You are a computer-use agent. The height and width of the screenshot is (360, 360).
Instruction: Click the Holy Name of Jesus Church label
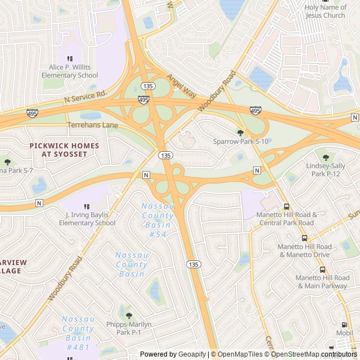tap(325, 11)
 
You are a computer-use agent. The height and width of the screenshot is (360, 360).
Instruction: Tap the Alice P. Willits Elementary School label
tap(70, 71)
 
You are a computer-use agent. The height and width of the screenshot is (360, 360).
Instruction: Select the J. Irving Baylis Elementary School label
tap(87, 219)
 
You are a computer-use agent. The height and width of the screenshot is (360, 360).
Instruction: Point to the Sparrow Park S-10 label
tap(241, 142)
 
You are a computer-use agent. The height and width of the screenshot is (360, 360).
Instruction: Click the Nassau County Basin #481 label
tap(78, 333)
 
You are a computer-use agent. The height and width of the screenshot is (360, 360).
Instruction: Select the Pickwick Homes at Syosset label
tap(64, 150)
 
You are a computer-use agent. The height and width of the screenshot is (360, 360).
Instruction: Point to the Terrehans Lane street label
tap(92, 125)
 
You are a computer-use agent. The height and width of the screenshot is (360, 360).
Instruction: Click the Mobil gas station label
tap(344, 333)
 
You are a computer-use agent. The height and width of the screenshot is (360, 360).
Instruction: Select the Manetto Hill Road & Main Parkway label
tap(322, 282)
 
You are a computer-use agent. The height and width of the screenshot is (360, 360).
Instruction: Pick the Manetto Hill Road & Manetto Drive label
tap(304, 251)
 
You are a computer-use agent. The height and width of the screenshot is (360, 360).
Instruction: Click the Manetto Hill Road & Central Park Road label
tap(287, 219)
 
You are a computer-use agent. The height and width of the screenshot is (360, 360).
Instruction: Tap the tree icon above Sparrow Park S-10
tap(241, 133)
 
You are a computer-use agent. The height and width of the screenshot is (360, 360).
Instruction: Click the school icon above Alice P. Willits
tap(70, 58)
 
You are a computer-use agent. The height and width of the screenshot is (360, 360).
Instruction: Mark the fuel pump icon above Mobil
tap(344, 325)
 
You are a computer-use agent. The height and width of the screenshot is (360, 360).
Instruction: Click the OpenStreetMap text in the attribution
tap(296, 354)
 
